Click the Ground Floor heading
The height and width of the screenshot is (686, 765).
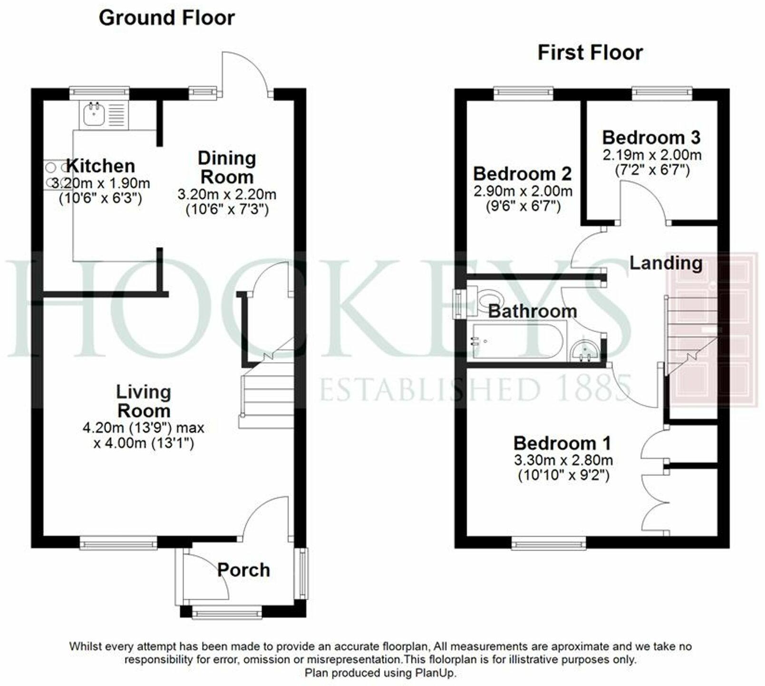click(166, 18)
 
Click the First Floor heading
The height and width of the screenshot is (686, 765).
click(590, 52)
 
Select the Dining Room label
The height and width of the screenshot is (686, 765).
click(227, 167)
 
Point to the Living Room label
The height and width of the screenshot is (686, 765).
click(144, 401)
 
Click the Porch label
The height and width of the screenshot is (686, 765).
click(244, 570)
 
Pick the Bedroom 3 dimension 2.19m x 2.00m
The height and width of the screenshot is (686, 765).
click(652, 155)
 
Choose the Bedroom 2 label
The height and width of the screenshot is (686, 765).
click(523, 174)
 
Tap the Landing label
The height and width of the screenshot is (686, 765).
click(666, 263)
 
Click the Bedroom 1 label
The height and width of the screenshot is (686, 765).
click(562, 443)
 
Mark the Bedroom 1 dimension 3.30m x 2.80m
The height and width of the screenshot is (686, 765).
click(563, 460)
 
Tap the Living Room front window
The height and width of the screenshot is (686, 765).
click(118, 542)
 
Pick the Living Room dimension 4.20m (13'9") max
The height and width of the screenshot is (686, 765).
click(144, 428)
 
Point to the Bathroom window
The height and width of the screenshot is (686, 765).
click(458, 304)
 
